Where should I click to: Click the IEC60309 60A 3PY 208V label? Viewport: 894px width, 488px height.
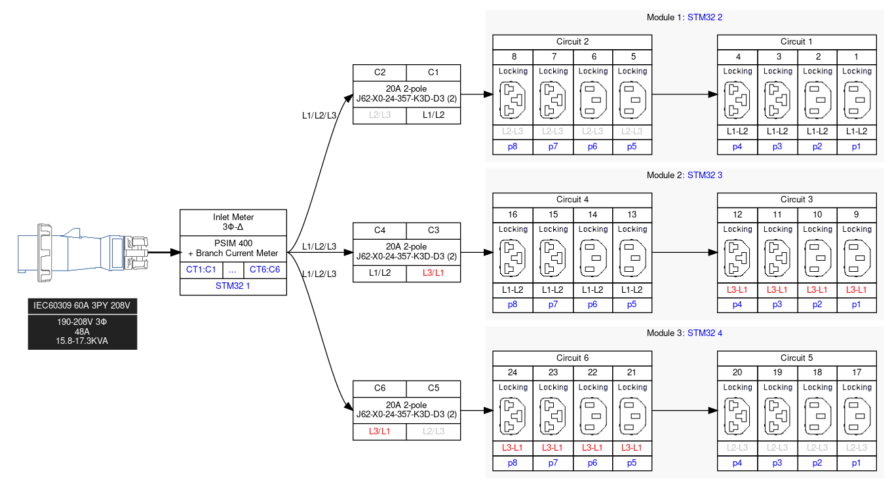pyautogui.click(x=82, y=306)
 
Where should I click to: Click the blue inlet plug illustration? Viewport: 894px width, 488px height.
pyautogui.click(x=83, y=252)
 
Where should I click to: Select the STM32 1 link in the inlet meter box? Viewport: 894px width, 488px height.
pyautogui.click(x=233, y=286)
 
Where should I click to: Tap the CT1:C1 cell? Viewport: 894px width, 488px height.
pyautogui.click(x=201, y=269)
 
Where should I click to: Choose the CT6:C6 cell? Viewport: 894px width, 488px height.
pyautogui.click(x=264, y=269)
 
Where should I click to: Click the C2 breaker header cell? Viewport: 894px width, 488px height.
pyautogui.click(x=379, y=71)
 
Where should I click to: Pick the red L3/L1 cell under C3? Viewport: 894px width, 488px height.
pyautogui.click(x=433, y=272)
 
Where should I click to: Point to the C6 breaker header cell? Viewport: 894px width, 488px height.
pyautogui.click(x=379, y=388)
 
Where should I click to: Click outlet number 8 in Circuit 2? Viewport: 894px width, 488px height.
pyautogui.click(x=513, y=56)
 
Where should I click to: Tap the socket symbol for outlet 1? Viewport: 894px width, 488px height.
pyautogui.click(x=857, y=100)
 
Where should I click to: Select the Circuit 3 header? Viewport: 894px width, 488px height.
pyautogui.click(x=796, y=200)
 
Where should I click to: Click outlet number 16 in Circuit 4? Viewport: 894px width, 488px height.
pyautogui.click(x=513, y=215)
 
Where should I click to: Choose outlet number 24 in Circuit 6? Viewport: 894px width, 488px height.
pyautogui.click(x=513, y=373)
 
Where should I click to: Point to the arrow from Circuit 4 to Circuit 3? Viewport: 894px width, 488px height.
pyautogui.click(x=684, y=252)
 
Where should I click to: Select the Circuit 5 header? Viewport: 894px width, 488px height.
pyautogui.click(x=796, y=358)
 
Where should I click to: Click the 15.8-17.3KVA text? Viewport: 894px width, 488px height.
pyautogui.click(x=82, y=341)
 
